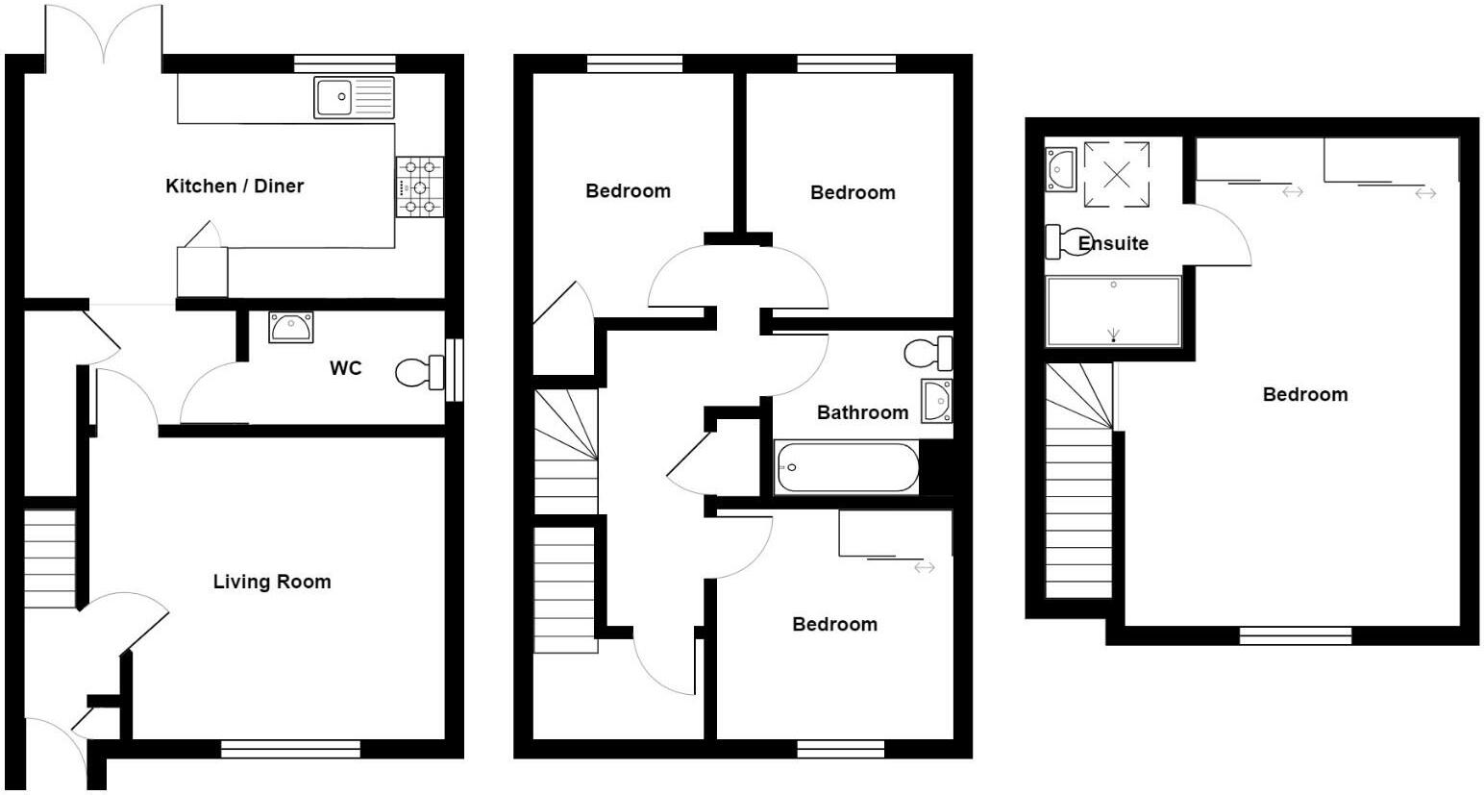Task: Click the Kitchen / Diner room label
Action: (x=235, y=186)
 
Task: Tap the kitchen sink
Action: (x=354, y=97)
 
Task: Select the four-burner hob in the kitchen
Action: (x=420, y=186)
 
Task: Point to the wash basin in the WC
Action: (x=289, y=328)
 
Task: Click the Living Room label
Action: (x=271, y=582)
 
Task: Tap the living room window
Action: (x=290, y=749)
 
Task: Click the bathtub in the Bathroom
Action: (x=847, y=468)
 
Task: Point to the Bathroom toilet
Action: (x=927, y=354)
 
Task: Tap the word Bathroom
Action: (x=862, y=412)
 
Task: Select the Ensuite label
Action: (x=1113, y=243)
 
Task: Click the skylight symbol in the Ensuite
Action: (x=1116, y=174)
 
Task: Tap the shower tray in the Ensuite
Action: (x=1113, y=311)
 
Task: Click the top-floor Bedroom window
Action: (x=1295, y=635)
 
